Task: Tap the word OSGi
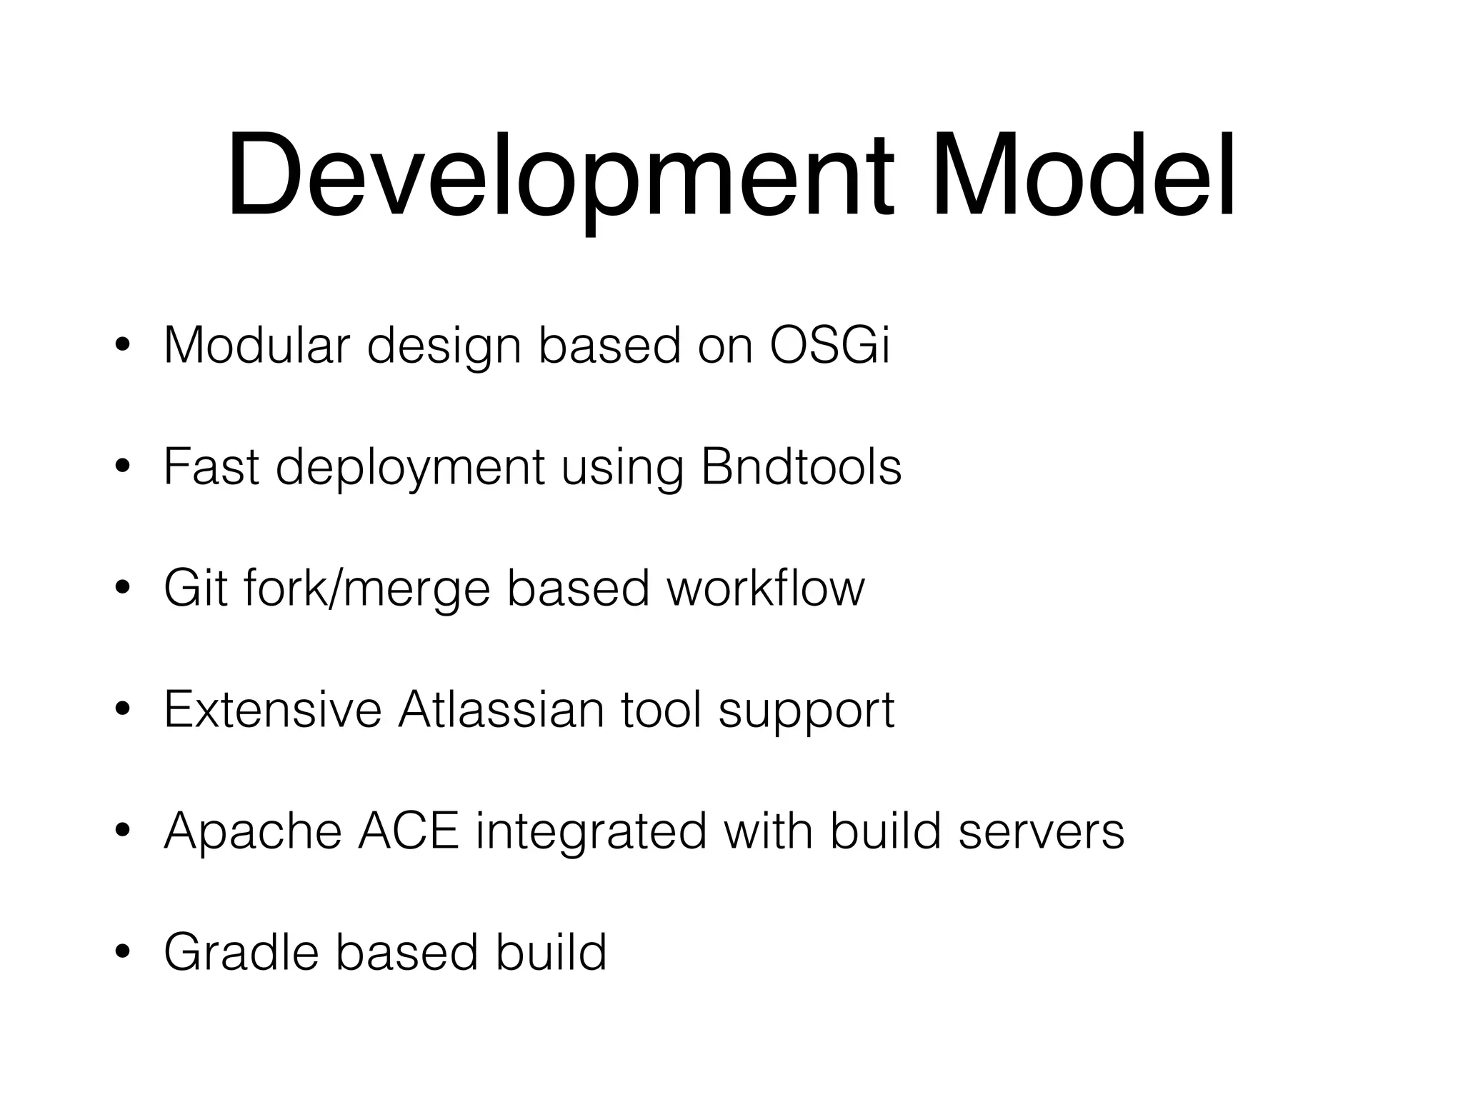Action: [830, 346]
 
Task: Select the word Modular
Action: [256, 346]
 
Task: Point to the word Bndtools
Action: [801, 467]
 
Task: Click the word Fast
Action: [211, 467]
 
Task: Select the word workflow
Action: [766, 588]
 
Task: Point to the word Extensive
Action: [272, 710]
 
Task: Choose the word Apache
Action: [253, 831]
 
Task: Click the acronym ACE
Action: [408, 831]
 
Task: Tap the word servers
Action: [1041, 831]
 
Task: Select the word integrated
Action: [591, 833]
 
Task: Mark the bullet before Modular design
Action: [122, 346]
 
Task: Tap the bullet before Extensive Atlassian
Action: [122, 710]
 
